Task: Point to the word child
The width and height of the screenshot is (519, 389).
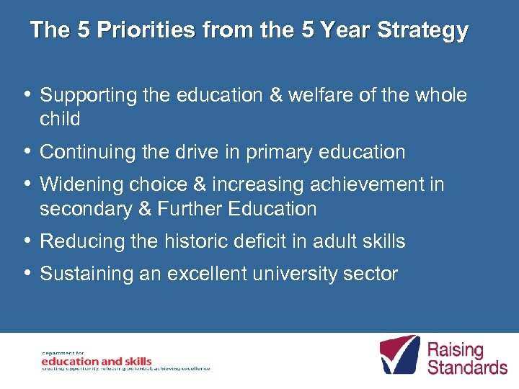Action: point(60,119)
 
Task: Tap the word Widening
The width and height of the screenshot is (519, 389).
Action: point(83,185)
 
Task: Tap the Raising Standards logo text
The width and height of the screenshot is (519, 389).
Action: point(466,359)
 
